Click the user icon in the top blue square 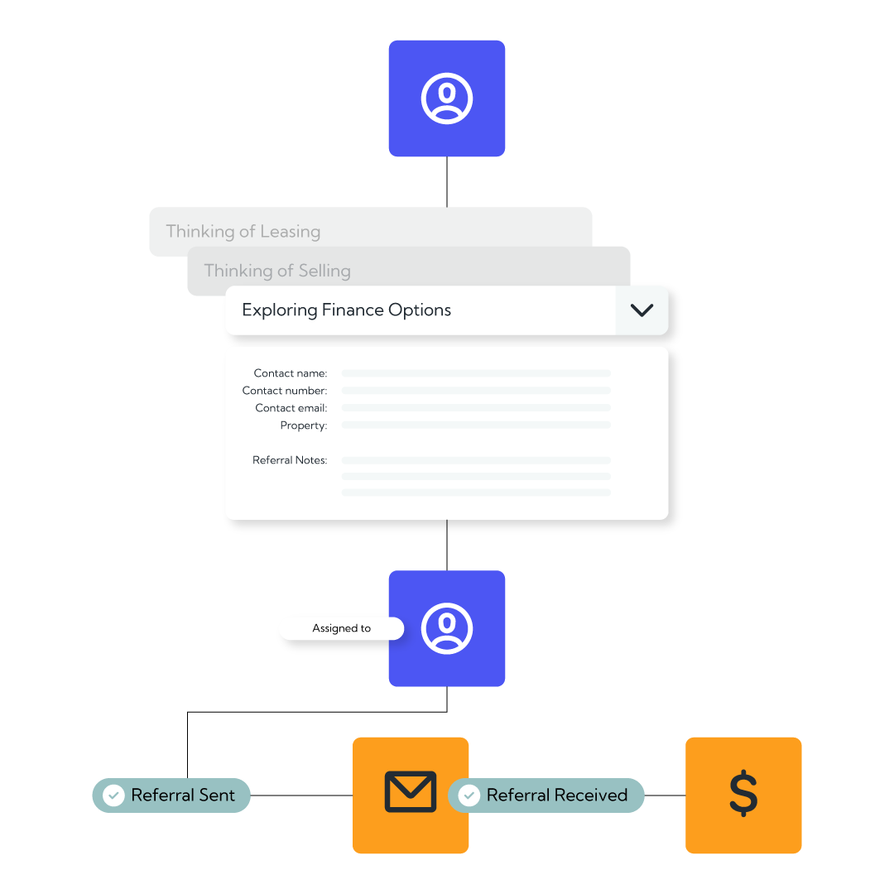[x=447, y=98]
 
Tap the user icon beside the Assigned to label [x=447, y=628]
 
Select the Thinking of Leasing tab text [x=243, y=232]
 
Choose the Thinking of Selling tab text [x=277, y=271]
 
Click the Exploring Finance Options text [x=346, y=310]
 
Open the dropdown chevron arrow [x=642, y=310]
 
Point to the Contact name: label [x=291, y=373]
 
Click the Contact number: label [x=285, y=391]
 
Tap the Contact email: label [x=291, y=408]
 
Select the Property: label [x=303, y=425]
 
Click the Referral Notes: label [x=290, y=460]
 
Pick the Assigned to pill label [x=342, y=628]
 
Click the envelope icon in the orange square [x=411, y=792]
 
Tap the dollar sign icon [x=743, y=793]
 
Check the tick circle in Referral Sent [x=113, y=795]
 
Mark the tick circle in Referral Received [x=469, y=795]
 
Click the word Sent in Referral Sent [x=217, y=795]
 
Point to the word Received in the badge [x=591, y=795]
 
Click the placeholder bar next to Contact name [x=476, y=373]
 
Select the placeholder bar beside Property [x=476, y=425]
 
